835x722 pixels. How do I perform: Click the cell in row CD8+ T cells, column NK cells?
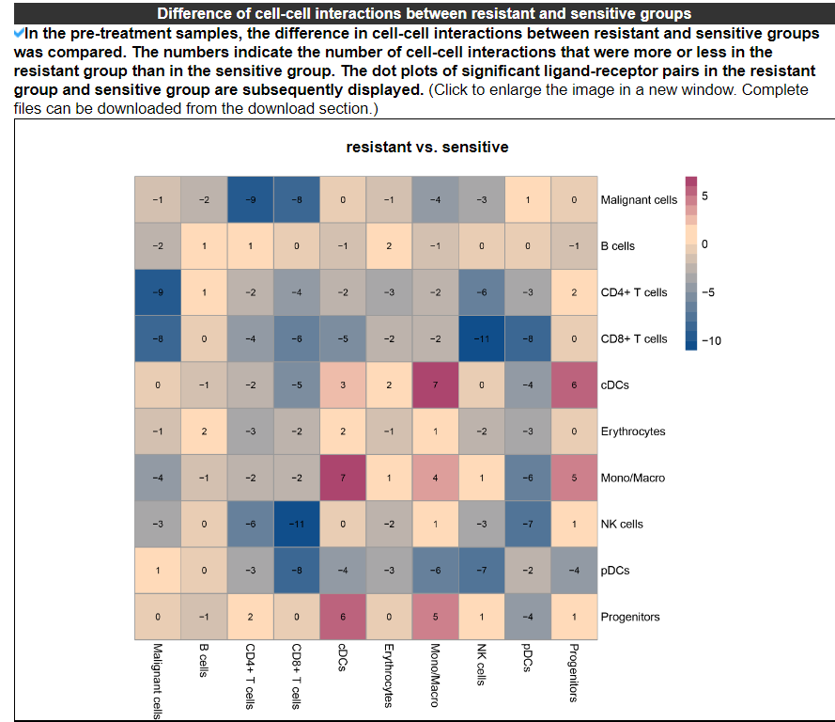481,338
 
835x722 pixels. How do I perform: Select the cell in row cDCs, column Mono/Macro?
435,385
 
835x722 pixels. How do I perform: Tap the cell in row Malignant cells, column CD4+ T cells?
250,199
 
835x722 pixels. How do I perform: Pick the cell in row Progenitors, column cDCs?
343,617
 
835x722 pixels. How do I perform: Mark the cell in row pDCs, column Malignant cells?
158,571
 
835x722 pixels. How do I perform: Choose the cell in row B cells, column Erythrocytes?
389,245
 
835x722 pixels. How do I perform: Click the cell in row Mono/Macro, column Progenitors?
573,478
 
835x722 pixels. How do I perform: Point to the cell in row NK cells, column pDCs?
527,524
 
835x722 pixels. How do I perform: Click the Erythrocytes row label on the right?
633,432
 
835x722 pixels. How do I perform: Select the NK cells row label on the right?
622,524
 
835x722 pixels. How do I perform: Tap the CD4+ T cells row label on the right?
634,292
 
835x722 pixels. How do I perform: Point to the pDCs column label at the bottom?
527,659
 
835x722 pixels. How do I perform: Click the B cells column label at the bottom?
204,660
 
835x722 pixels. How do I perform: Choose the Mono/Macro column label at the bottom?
435,676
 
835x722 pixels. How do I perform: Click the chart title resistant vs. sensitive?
426,148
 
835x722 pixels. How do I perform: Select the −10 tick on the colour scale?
711,340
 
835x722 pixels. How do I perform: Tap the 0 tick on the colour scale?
705,244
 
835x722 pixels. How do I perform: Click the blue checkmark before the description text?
20,33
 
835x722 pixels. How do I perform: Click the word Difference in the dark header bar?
193,14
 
